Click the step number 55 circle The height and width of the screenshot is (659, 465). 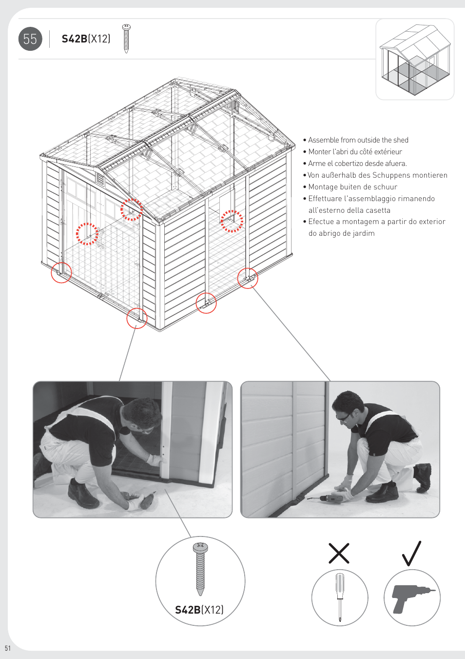pos(30,39)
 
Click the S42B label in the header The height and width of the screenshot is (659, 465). pos(74,39)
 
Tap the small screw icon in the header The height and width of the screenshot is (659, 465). pos(126,39)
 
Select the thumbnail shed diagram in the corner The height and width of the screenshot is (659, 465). pos(415,60)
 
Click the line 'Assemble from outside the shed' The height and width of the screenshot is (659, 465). pos(358,140)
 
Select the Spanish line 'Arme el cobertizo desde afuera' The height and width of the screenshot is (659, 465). pos(357,164)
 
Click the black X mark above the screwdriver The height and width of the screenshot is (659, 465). pos(339,553)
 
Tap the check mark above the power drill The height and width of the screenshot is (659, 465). pos(412,553)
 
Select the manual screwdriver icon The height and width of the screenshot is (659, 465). pos(340,597)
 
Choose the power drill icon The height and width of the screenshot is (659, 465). pos(412,597)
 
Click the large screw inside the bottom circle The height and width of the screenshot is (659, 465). pos(200,569)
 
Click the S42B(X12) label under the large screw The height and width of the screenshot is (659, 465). pos(199,610)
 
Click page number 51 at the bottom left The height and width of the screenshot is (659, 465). pos(7,648)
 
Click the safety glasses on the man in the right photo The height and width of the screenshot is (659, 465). pos(343,416)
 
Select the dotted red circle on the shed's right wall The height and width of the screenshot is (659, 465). pos(232,221)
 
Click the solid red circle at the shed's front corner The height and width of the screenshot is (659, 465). pos(137,318)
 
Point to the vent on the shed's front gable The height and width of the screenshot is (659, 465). pos(100,179)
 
